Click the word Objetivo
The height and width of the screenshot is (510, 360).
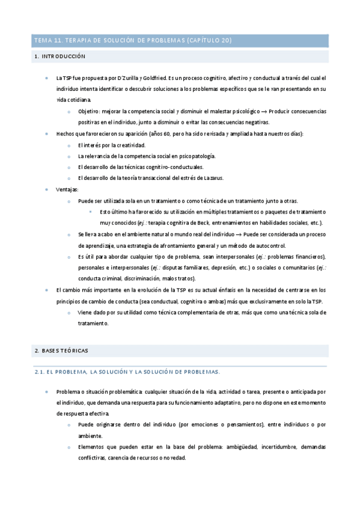point(90,111)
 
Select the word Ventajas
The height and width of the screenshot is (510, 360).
point(67,189)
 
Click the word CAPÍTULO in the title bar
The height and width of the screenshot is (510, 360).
point(207,40)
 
